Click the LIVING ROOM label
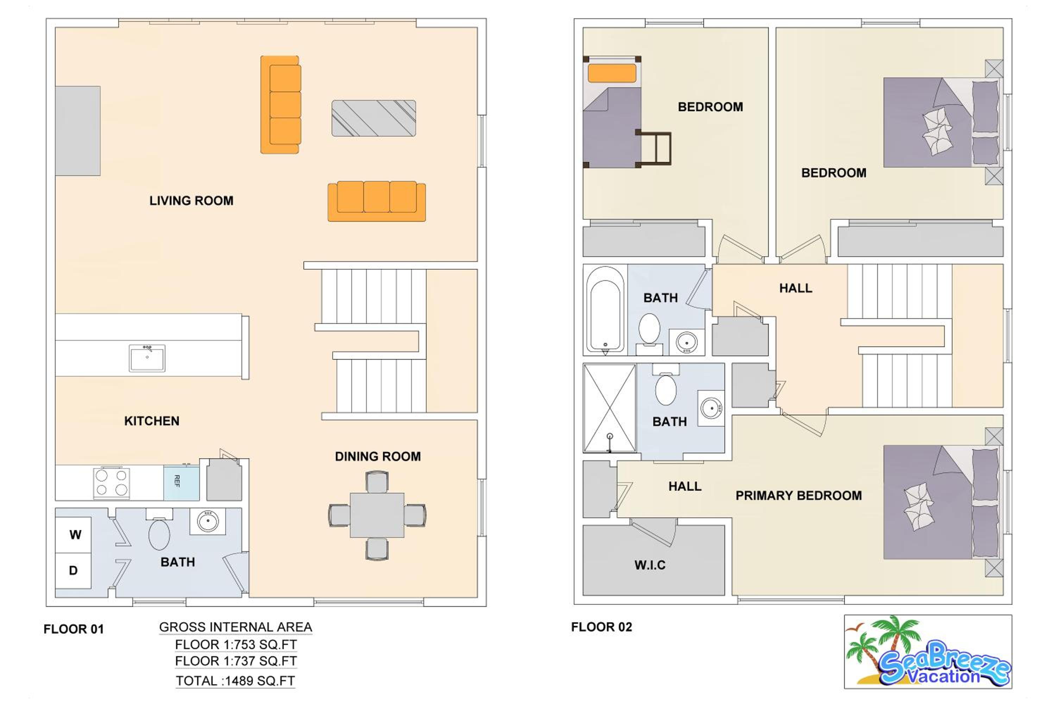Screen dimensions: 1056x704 click(191, 201)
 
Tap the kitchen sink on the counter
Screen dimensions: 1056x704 click(147, 358)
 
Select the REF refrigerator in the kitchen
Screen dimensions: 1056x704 click(181, 483)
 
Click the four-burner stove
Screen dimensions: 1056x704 click(111, 483)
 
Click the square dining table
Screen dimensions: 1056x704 click(377, 515)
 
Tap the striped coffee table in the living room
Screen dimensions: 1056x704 click(373, 118)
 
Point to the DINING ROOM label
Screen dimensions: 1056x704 click(378, 457)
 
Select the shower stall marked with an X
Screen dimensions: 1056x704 click(609, 408)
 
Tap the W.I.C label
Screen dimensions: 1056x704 click(650, 565)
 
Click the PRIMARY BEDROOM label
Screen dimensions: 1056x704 click(799, 496)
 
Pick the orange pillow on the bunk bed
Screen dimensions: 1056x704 click(612, 73)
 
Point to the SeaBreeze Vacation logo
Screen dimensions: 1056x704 click(928, 652)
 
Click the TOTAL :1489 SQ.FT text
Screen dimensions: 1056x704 click(235, 681)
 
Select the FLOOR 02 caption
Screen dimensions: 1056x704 click(602, 627)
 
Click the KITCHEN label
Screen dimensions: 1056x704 click(152, 421)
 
